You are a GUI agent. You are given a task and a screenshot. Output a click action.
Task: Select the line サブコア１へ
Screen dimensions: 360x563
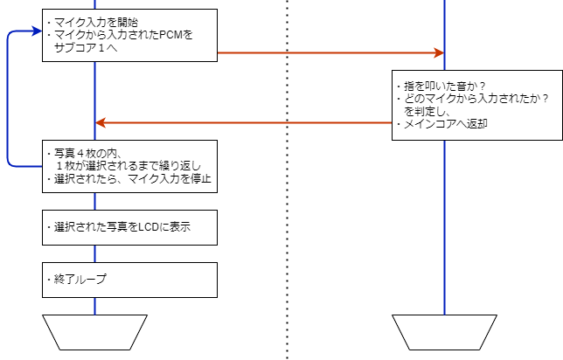coord(88,48)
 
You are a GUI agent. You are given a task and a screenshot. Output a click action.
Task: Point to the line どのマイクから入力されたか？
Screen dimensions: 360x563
coord(473,99)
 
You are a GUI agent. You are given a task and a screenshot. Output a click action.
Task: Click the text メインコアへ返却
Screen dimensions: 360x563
coord(445,124)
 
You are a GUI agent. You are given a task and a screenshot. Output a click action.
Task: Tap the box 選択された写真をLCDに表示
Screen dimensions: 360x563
coord(129,227)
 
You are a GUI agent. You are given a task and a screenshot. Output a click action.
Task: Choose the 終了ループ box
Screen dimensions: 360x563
coord(129,280)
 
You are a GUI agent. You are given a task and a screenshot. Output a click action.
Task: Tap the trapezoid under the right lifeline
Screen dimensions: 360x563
coord(444,332)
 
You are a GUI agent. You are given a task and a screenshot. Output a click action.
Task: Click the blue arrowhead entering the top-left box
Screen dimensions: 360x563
coord(36,32)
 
